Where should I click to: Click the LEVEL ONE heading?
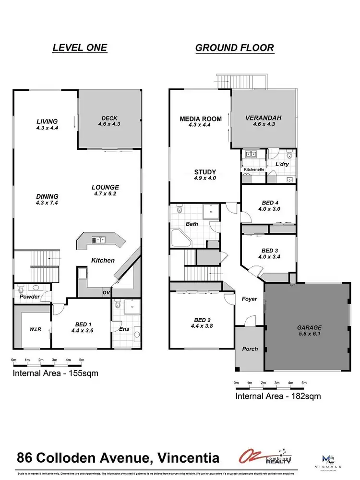[79, 48]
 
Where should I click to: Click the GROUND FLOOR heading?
[234, 48]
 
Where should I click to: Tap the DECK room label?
[109, 119]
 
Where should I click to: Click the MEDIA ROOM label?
[201, 119]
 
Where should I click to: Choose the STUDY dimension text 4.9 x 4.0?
[205, 179]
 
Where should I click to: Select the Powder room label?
[29, 297]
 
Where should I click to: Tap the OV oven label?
[106, 292]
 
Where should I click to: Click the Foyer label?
[249, 299]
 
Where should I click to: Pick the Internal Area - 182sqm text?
[277, 396]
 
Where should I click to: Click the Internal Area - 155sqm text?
[55, 373]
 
